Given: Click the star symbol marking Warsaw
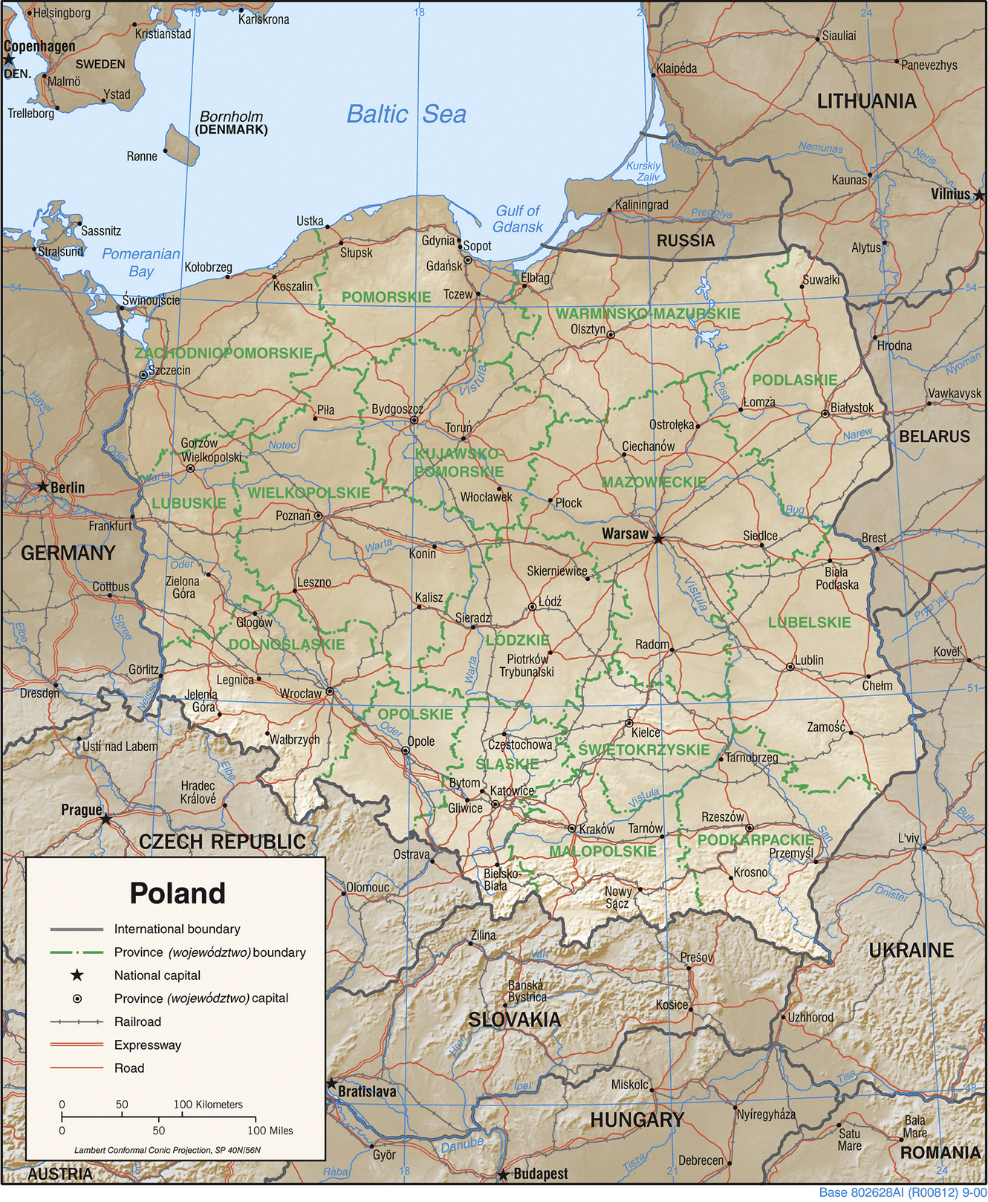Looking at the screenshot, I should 657,539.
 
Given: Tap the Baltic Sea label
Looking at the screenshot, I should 406,114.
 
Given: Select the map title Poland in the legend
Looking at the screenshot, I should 178,893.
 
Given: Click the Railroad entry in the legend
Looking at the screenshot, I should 137,1021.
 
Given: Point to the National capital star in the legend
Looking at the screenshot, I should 77,975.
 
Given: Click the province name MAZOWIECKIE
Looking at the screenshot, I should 653,482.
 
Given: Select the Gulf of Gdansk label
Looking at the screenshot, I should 518,218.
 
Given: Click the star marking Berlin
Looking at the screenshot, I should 43,487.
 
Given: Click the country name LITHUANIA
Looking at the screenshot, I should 866,101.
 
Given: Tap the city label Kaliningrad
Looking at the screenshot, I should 641,204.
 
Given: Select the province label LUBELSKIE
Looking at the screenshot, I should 809,622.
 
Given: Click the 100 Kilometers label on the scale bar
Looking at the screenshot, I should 208,1104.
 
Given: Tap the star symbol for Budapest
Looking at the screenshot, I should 503,1175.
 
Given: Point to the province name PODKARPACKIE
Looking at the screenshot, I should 755,839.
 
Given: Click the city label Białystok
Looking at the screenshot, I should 852,408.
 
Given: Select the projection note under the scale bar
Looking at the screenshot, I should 167,1150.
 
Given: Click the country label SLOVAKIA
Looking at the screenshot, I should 514,1019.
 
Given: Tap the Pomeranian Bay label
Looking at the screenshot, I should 141,261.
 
